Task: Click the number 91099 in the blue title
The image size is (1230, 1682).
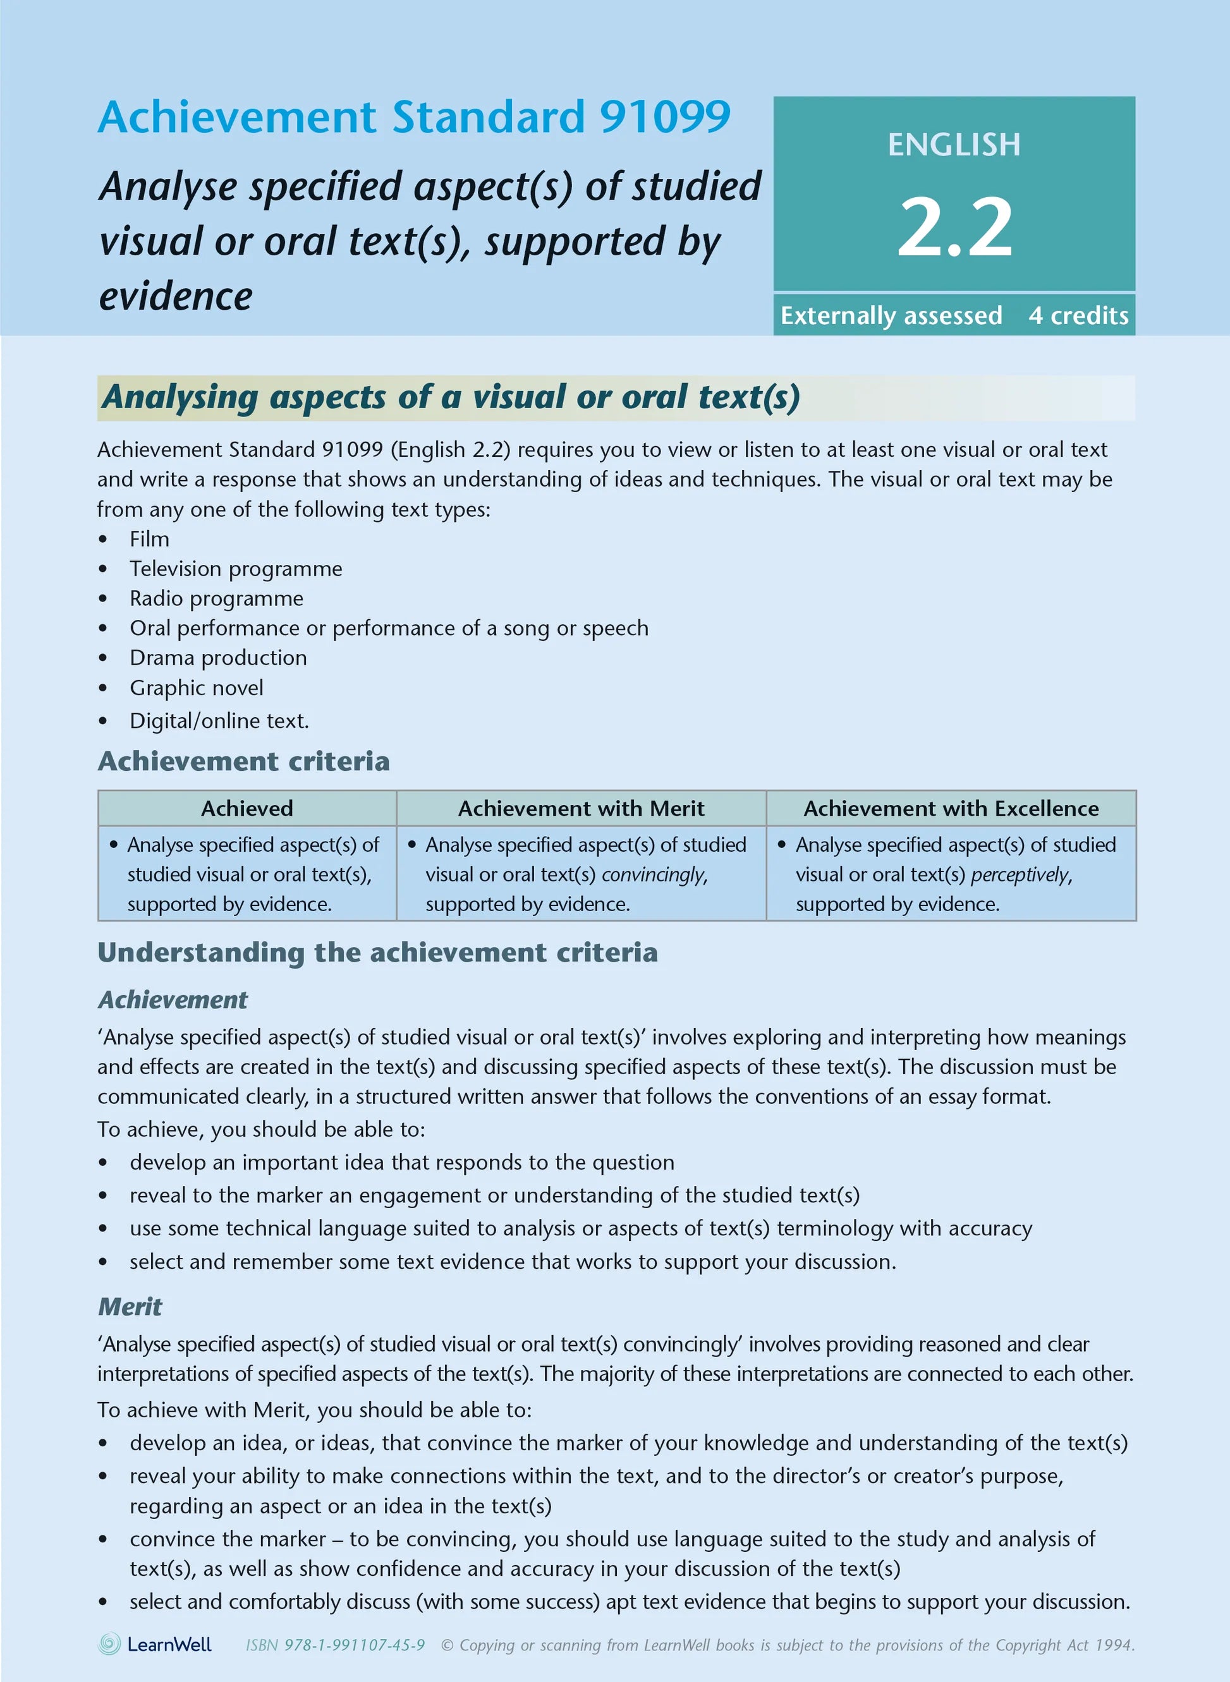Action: coord(664,117)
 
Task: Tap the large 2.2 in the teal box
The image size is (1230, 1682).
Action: coord(954,227)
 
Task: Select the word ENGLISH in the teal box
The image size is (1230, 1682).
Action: coord(954,145)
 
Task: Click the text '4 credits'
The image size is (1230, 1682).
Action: coord(1078,315)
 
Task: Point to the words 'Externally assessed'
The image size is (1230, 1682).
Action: coord(891,315)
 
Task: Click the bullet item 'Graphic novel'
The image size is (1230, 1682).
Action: coord(197,687)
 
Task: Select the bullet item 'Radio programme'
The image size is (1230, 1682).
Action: coord(217,598)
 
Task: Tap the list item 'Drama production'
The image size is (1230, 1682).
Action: coord(218,658)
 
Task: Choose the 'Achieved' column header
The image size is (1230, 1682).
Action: coord(247,808)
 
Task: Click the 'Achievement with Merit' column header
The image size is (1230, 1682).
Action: coord(581,808)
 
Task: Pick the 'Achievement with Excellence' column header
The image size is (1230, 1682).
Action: coord(951,808)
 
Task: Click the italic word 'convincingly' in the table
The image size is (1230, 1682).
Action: coord(654,874)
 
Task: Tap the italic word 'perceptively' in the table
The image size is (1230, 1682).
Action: coord(1021,874)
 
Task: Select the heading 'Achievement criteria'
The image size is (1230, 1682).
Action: coord(243,761)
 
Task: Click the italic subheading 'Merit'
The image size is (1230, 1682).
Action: coord(130,1306)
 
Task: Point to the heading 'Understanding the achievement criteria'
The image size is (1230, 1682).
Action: coord(377,953)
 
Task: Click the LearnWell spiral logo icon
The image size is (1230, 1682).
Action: coord(109,1644)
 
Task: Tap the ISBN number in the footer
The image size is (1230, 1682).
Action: coord(355,1645)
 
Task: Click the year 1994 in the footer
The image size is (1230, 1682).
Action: coord(1114,1645)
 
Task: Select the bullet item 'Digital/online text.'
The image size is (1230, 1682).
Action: coord(219,720)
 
